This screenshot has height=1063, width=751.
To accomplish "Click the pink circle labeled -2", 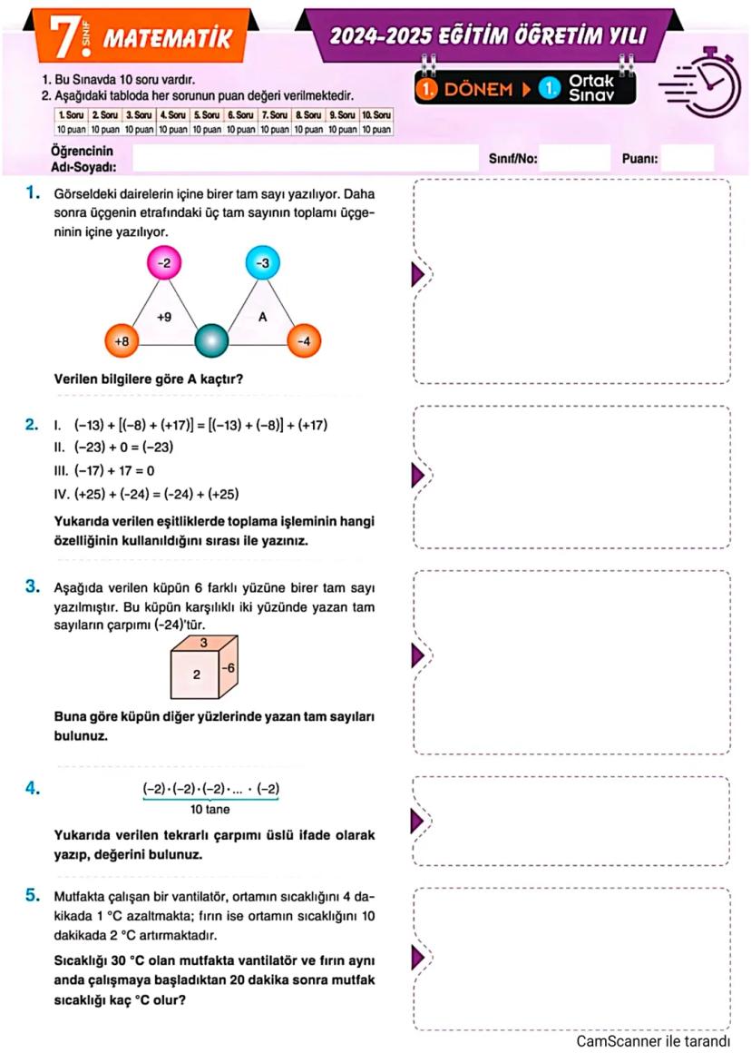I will tap(164, 262).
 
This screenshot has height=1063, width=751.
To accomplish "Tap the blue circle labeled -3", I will tap(263, 262).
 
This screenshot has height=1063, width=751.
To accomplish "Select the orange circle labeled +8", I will tap(122, 340).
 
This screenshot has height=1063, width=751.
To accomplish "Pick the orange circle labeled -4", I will tap(305, 340).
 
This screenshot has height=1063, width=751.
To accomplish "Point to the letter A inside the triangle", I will tap(262, 318).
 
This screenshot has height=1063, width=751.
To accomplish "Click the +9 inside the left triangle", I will tap(164, 318).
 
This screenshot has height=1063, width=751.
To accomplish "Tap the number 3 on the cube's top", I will tap(204, 642).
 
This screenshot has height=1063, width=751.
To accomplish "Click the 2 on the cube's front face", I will tap(196, 675).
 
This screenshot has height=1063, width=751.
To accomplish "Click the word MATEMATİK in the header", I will tap(168, 37).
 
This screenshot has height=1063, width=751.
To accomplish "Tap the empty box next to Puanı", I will tap(687, 159).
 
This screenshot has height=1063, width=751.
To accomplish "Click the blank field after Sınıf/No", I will tap(576, 159).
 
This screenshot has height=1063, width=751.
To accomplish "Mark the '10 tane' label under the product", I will tap(210, 809).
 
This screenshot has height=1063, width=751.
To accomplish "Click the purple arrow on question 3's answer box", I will tap(418, 655).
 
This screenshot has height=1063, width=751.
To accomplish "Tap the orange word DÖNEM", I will tap(477, 89).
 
